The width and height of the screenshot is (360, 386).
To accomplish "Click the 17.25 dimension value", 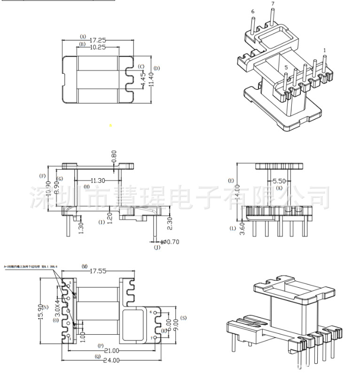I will click(98, 41).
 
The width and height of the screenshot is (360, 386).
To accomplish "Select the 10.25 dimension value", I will click(97, 47).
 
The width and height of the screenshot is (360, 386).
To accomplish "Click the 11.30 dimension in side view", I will click(98, 180).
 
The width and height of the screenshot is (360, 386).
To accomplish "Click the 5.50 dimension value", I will click(279, 181).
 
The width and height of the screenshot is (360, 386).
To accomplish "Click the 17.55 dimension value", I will click(98, 271).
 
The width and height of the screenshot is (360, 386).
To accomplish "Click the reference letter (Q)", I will click(98, 356).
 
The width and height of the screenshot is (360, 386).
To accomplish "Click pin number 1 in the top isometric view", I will click(324, 50).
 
